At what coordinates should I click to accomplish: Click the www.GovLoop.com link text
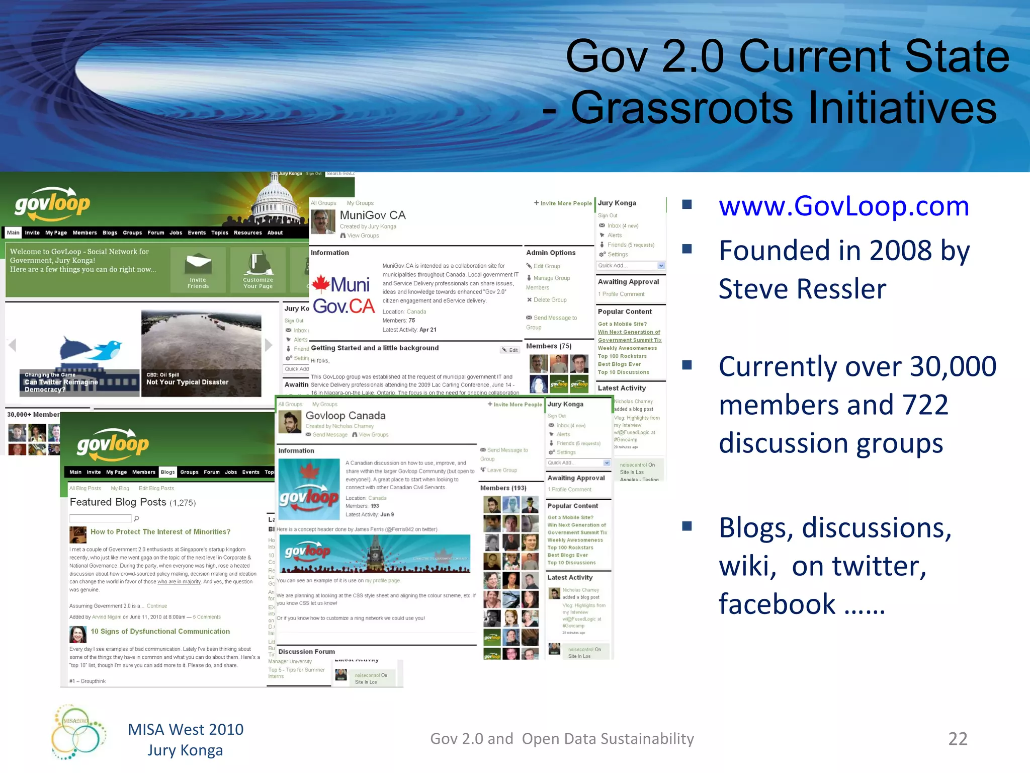pyautogui.click(x=843, y=206)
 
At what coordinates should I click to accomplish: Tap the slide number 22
pyautogui.click(x=958, y=739)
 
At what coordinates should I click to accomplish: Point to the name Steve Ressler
pyautogui.click(x=802, y=289)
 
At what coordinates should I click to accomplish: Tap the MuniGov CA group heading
pyautogui.click(x=372, y=215)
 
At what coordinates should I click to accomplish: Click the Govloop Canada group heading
pyautogui.click(x=346, y=416)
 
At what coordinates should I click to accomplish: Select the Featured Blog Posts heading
pyautogui.click(x=118, y=502)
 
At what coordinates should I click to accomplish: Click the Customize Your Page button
pyautogui.click(x=258, y=271)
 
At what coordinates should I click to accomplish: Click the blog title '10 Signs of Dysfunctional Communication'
pyautogui.click(x=160, y=632)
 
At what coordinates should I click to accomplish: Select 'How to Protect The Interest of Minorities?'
pyautogui.click(x=160, y=532)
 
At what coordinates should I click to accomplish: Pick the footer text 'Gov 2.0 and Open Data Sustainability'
pyautogui.click(x=562, y=739)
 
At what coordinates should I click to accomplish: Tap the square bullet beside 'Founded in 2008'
pyautogui.click(x=687, y=249)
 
